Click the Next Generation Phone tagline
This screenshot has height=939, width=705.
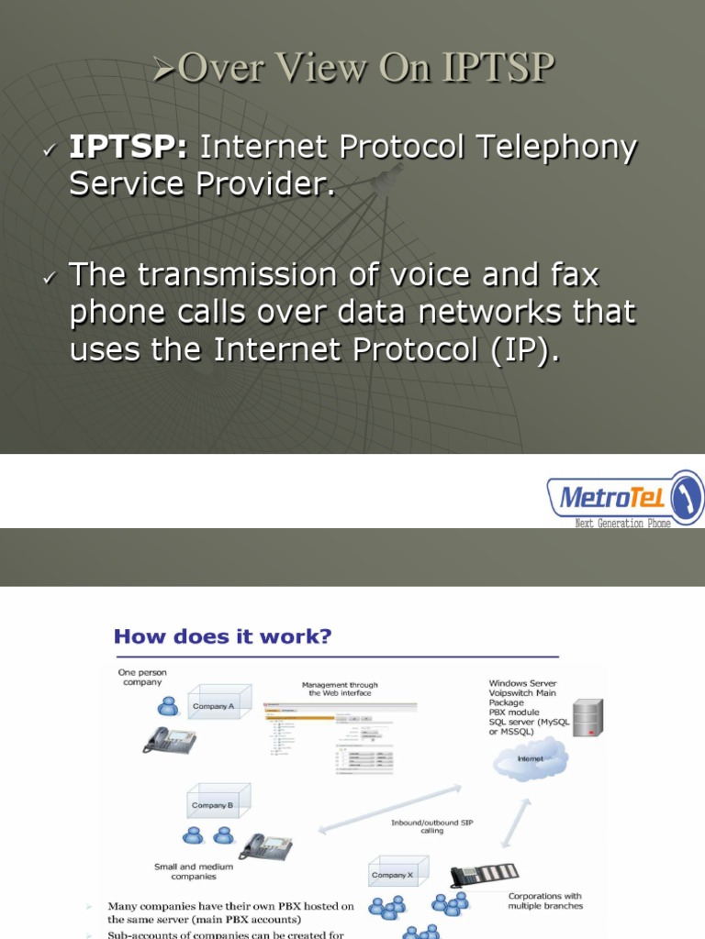click(x=621, y=523)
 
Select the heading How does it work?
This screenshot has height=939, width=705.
click(x=222, y=635)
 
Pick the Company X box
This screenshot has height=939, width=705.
click(x=397, y=875)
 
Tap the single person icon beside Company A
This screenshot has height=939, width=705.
click(x=168, y=705)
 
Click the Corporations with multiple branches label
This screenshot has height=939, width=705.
click(x=545, y=900)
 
